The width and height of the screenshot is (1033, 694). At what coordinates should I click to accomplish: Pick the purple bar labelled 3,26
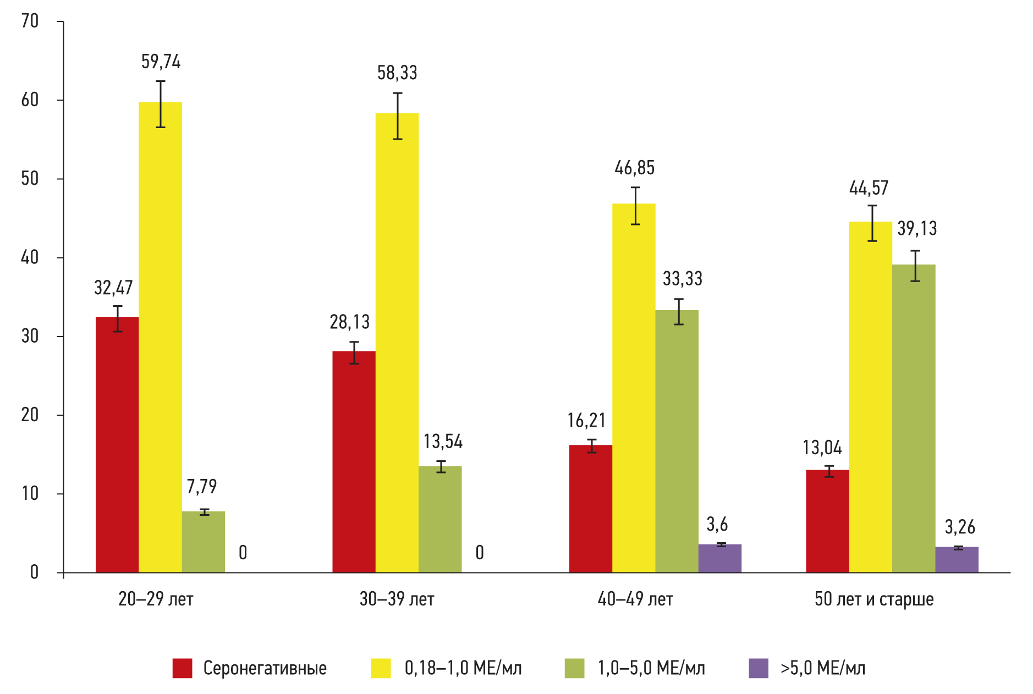(x=957, y=559)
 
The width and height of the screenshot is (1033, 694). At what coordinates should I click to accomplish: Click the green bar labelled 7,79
(x=204, y=542)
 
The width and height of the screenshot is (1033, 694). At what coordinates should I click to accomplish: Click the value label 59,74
(x=161, y=62)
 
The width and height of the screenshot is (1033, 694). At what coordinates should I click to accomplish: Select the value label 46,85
(x=634, y=168)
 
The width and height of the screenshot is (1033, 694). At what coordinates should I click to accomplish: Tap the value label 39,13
(x=917, y=228)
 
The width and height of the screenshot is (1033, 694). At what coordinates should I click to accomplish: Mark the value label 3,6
(x=717, y=525)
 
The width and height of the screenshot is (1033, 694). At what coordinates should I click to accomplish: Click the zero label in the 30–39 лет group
(x=480, y=553)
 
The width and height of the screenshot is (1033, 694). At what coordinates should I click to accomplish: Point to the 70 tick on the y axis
(x=30, y=21)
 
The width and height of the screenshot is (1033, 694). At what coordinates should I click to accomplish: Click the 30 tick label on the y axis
(x=30, y=336)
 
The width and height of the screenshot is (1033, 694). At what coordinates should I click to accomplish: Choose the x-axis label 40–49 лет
(x=635, y=599)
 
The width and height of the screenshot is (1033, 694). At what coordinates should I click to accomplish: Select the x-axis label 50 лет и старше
(x=873, y=599)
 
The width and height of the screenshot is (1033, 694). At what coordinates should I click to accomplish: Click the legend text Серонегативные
(x=265, y=668)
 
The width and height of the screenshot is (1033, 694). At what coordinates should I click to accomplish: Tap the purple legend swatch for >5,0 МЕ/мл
(x=758, y=668)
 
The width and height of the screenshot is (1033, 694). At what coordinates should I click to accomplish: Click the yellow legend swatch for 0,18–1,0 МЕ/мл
(x=381, y=668)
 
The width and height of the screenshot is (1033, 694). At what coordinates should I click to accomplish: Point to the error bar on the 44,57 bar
(x=872, y=223)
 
